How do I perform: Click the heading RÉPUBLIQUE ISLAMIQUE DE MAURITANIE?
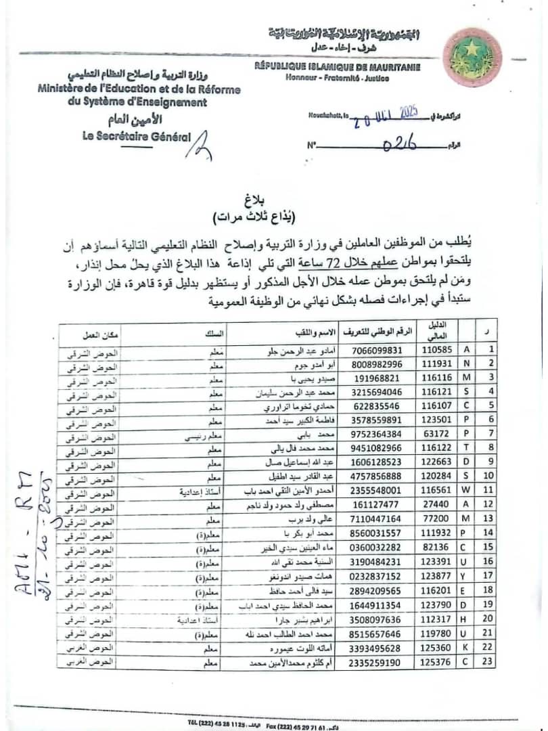(x=337, y=66)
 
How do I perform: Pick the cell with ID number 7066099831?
(x=377, y=351)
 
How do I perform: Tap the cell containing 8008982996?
(x=377, y=363)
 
